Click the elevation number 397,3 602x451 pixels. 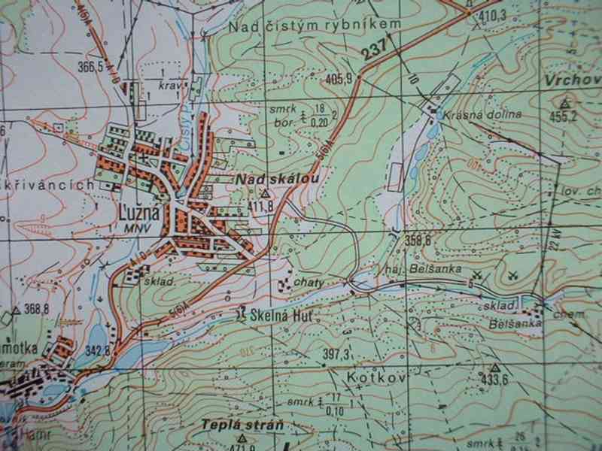336,354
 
